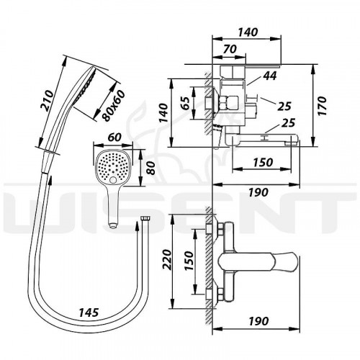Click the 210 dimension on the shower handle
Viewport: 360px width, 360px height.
[x=48, y=101]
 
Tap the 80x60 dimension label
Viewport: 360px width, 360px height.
[x=113, y=106]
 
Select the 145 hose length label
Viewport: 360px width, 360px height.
[x=89, y=312]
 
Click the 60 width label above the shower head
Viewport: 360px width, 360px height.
[x=114, y=138]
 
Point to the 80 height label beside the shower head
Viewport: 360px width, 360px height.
[x=150, y=168]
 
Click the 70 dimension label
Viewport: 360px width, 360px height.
[x=230, y=49]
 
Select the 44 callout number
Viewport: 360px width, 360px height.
[x=270, y=76]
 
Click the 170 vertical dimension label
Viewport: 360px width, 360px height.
[x=322, y=106]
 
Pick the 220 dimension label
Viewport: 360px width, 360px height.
[x=167, y=260]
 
